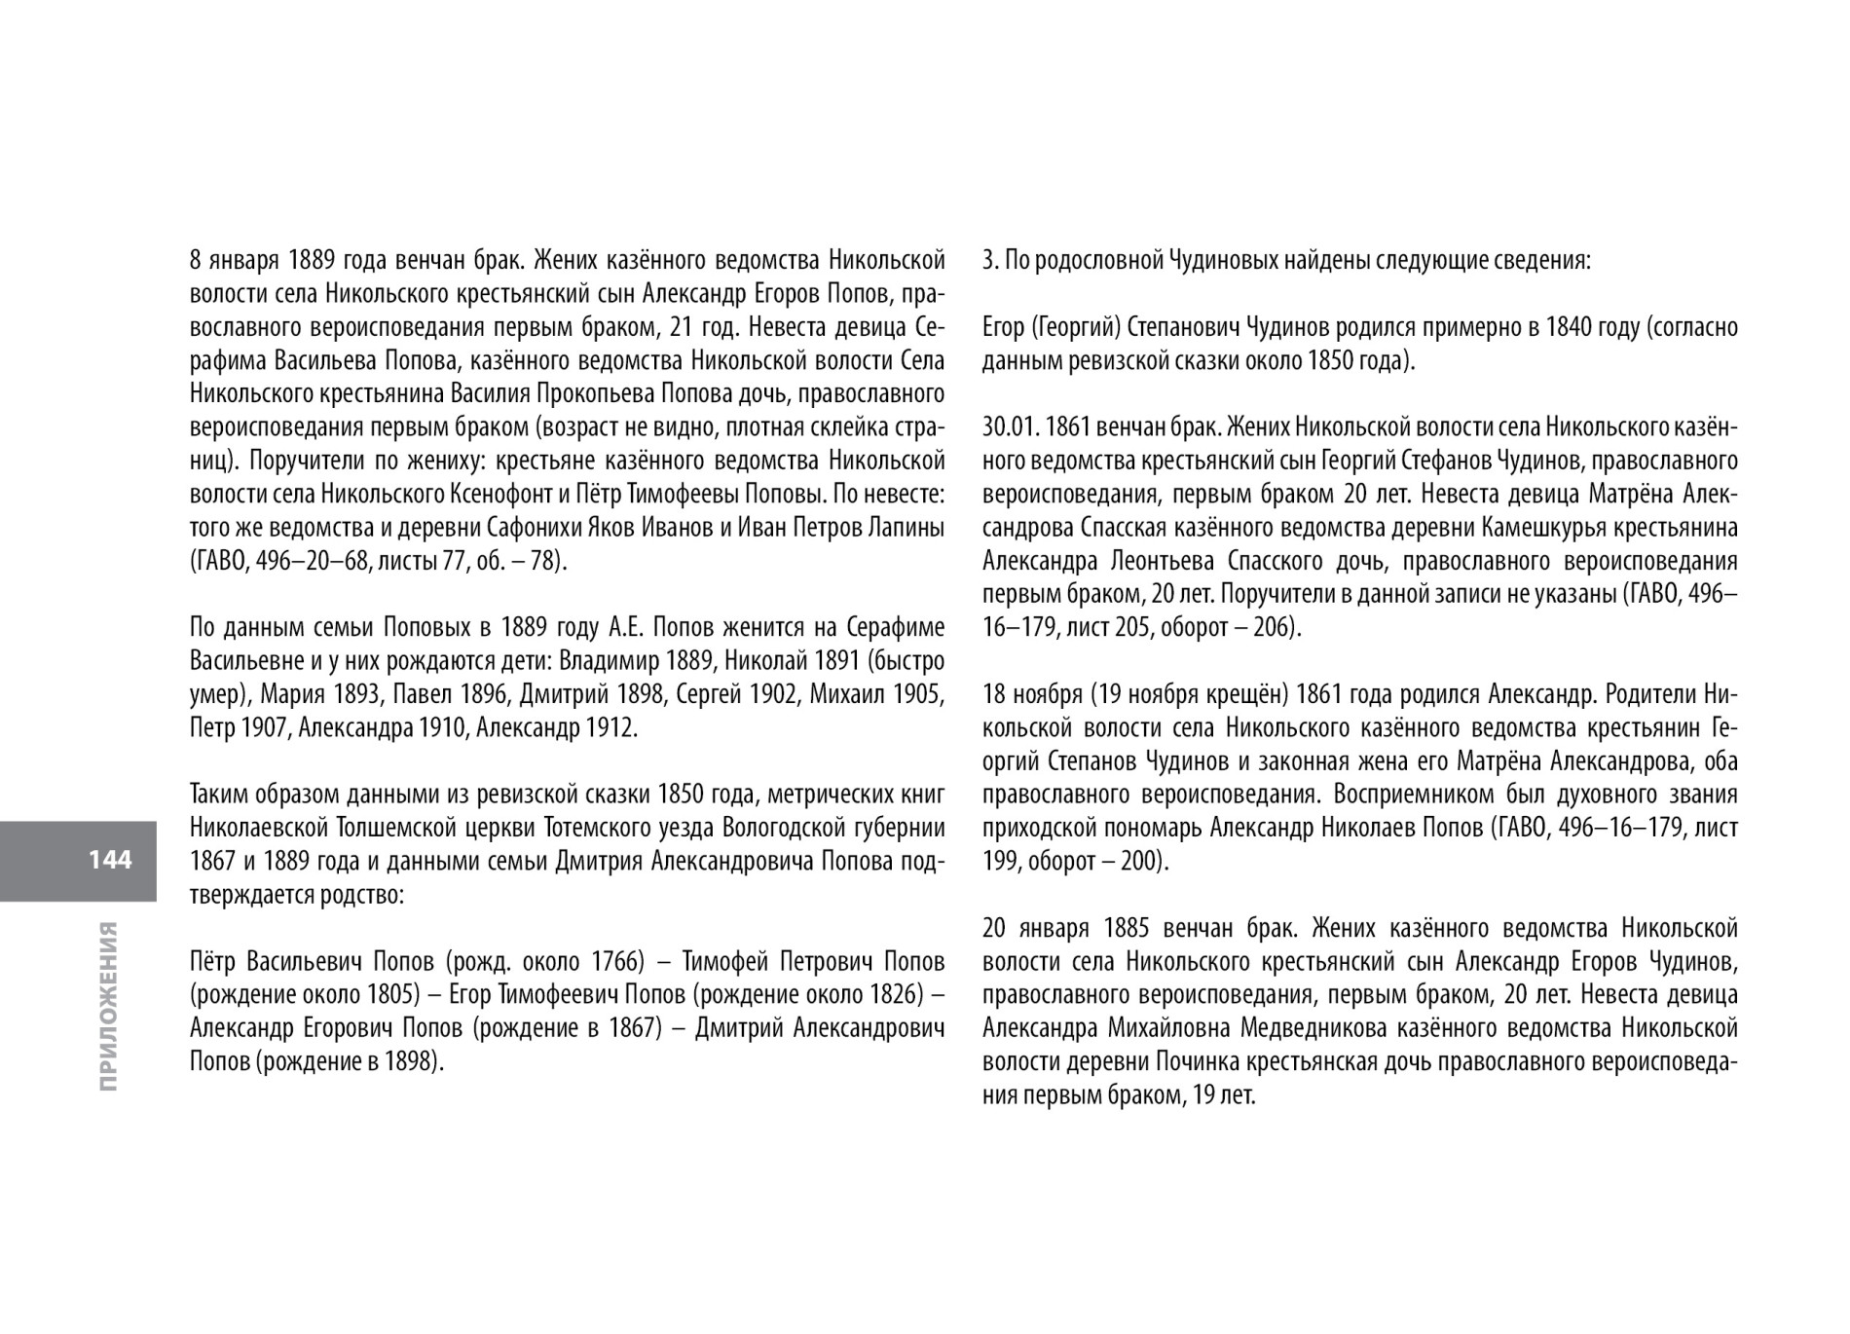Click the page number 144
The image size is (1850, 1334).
[110, 860]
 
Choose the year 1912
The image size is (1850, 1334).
[610, 728]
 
